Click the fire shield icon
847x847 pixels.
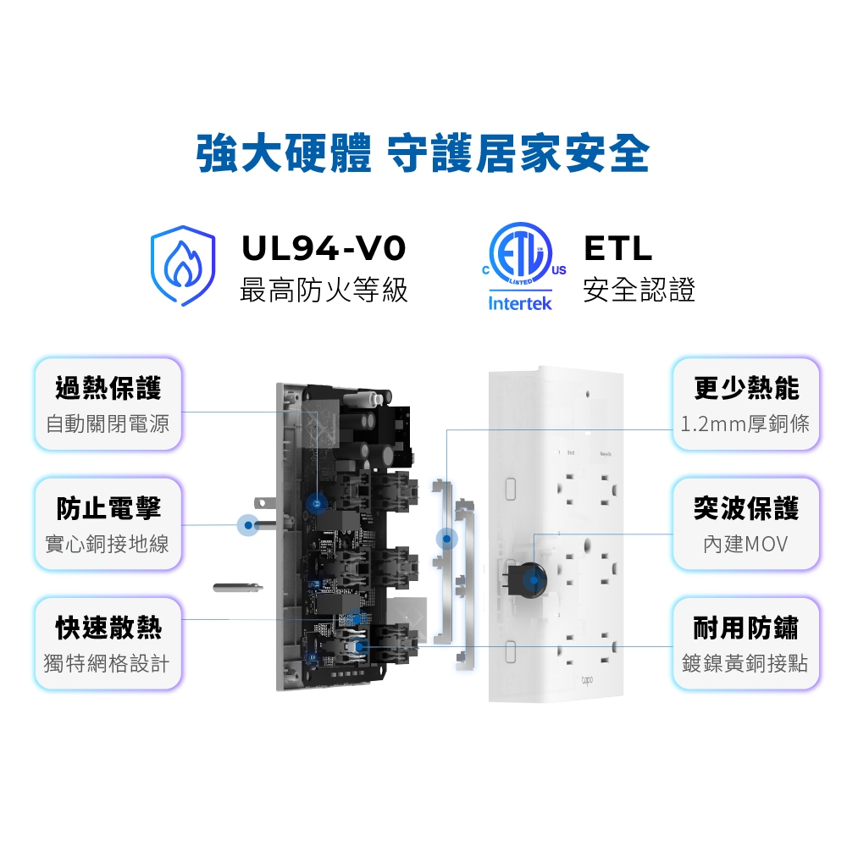183,265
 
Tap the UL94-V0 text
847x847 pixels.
323,248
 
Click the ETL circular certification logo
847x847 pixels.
522,253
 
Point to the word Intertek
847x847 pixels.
520,303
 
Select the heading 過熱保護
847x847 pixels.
108,389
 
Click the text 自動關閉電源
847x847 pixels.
108,423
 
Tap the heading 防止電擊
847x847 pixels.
108,508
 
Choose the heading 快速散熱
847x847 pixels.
108,628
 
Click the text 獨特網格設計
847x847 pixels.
107,663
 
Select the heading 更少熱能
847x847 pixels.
746,389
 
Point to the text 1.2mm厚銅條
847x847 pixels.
745,424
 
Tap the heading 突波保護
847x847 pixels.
746,508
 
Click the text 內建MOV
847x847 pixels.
745,544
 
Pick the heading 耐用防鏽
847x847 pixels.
746,628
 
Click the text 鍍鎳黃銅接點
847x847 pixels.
745,663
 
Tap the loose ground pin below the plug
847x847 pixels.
238,587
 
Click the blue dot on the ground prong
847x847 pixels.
248,525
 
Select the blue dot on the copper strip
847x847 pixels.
446,539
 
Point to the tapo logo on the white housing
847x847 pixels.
587,680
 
